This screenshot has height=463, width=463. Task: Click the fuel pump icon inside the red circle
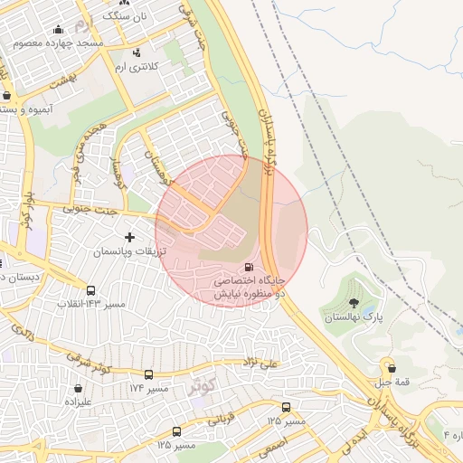[x=249, y=267]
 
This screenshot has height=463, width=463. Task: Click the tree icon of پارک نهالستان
[x=353, y=303]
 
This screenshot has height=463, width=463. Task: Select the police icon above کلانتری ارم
[x=137, y=52]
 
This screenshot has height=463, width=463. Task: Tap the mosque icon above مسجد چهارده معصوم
[x=59, y=29]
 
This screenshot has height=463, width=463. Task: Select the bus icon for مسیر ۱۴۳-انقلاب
[x=90, y=291]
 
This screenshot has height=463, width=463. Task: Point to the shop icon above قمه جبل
[x=392, y=367]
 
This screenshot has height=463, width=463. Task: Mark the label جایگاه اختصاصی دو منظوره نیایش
[x=249, y=288]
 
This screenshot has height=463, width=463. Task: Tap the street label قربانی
[x=222, y=420]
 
